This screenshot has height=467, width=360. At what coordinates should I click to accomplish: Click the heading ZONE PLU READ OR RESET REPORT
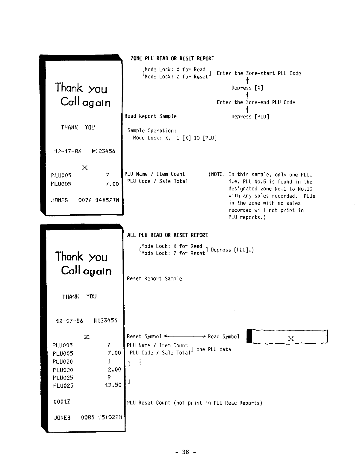[172, 58]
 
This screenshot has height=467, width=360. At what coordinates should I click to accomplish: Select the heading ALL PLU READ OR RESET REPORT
[167, 235]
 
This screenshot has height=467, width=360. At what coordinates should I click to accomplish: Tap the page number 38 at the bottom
[185, 452]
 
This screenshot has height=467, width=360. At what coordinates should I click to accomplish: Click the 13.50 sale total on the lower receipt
[113, 385]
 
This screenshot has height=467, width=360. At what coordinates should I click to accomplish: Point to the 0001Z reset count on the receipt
[62, 401]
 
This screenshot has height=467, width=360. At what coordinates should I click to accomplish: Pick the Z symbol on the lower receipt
[87, 337]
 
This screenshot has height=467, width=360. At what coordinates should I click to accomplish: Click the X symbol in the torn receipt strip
[291, 338]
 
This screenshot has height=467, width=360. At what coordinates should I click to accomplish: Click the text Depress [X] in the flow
[247, 88]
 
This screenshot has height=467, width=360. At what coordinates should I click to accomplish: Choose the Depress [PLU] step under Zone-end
[250, 117]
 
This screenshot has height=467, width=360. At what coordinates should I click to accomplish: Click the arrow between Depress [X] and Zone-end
[247, 95]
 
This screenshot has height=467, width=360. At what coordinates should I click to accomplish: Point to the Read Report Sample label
[150, 116]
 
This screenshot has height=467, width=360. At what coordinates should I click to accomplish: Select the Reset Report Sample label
[154, 279]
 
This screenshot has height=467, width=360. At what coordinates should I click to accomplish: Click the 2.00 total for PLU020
[114, 369]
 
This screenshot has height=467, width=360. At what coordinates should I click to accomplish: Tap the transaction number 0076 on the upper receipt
[85, 200]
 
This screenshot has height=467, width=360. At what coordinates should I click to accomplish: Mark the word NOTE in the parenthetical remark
[217, 174]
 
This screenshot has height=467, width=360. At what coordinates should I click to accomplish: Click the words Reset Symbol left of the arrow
[144, 336]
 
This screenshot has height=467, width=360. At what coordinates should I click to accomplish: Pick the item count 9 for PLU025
[109, 377]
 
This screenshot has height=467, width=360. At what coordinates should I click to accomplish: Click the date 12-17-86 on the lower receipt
[69, 321]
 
